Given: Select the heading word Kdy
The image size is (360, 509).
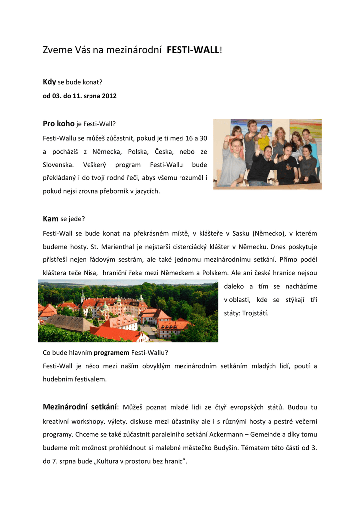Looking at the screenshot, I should point(49,81).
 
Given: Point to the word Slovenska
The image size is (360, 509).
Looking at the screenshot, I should point(58,164).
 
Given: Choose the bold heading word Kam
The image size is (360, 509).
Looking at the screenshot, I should point(51,218).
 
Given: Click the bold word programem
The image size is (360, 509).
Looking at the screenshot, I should point(112,353).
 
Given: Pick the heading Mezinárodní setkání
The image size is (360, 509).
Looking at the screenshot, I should point(80,407).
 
